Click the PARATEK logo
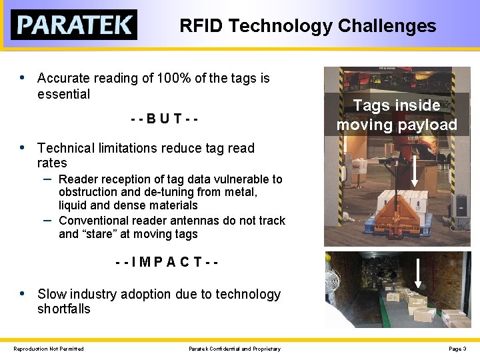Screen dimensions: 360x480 click(x=73, y=25)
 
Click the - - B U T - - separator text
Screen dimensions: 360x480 click(x=164, y=119)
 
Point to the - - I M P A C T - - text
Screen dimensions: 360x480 click(x=167, y=263)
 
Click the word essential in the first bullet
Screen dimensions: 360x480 click(x=63, y=94)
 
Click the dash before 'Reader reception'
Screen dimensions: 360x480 click(x=47, y=179)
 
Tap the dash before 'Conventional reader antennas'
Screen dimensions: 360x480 click(x=47, y=219)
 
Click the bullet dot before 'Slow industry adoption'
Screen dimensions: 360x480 click(x=22, y=293)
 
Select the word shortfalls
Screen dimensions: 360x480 click(x=63, y=309)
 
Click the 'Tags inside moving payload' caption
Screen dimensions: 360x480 click(x=397, y=115)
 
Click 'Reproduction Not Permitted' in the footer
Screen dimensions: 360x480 click(x=49, y=349)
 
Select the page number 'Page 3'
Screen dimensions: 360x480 click(x=457, y=349)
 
